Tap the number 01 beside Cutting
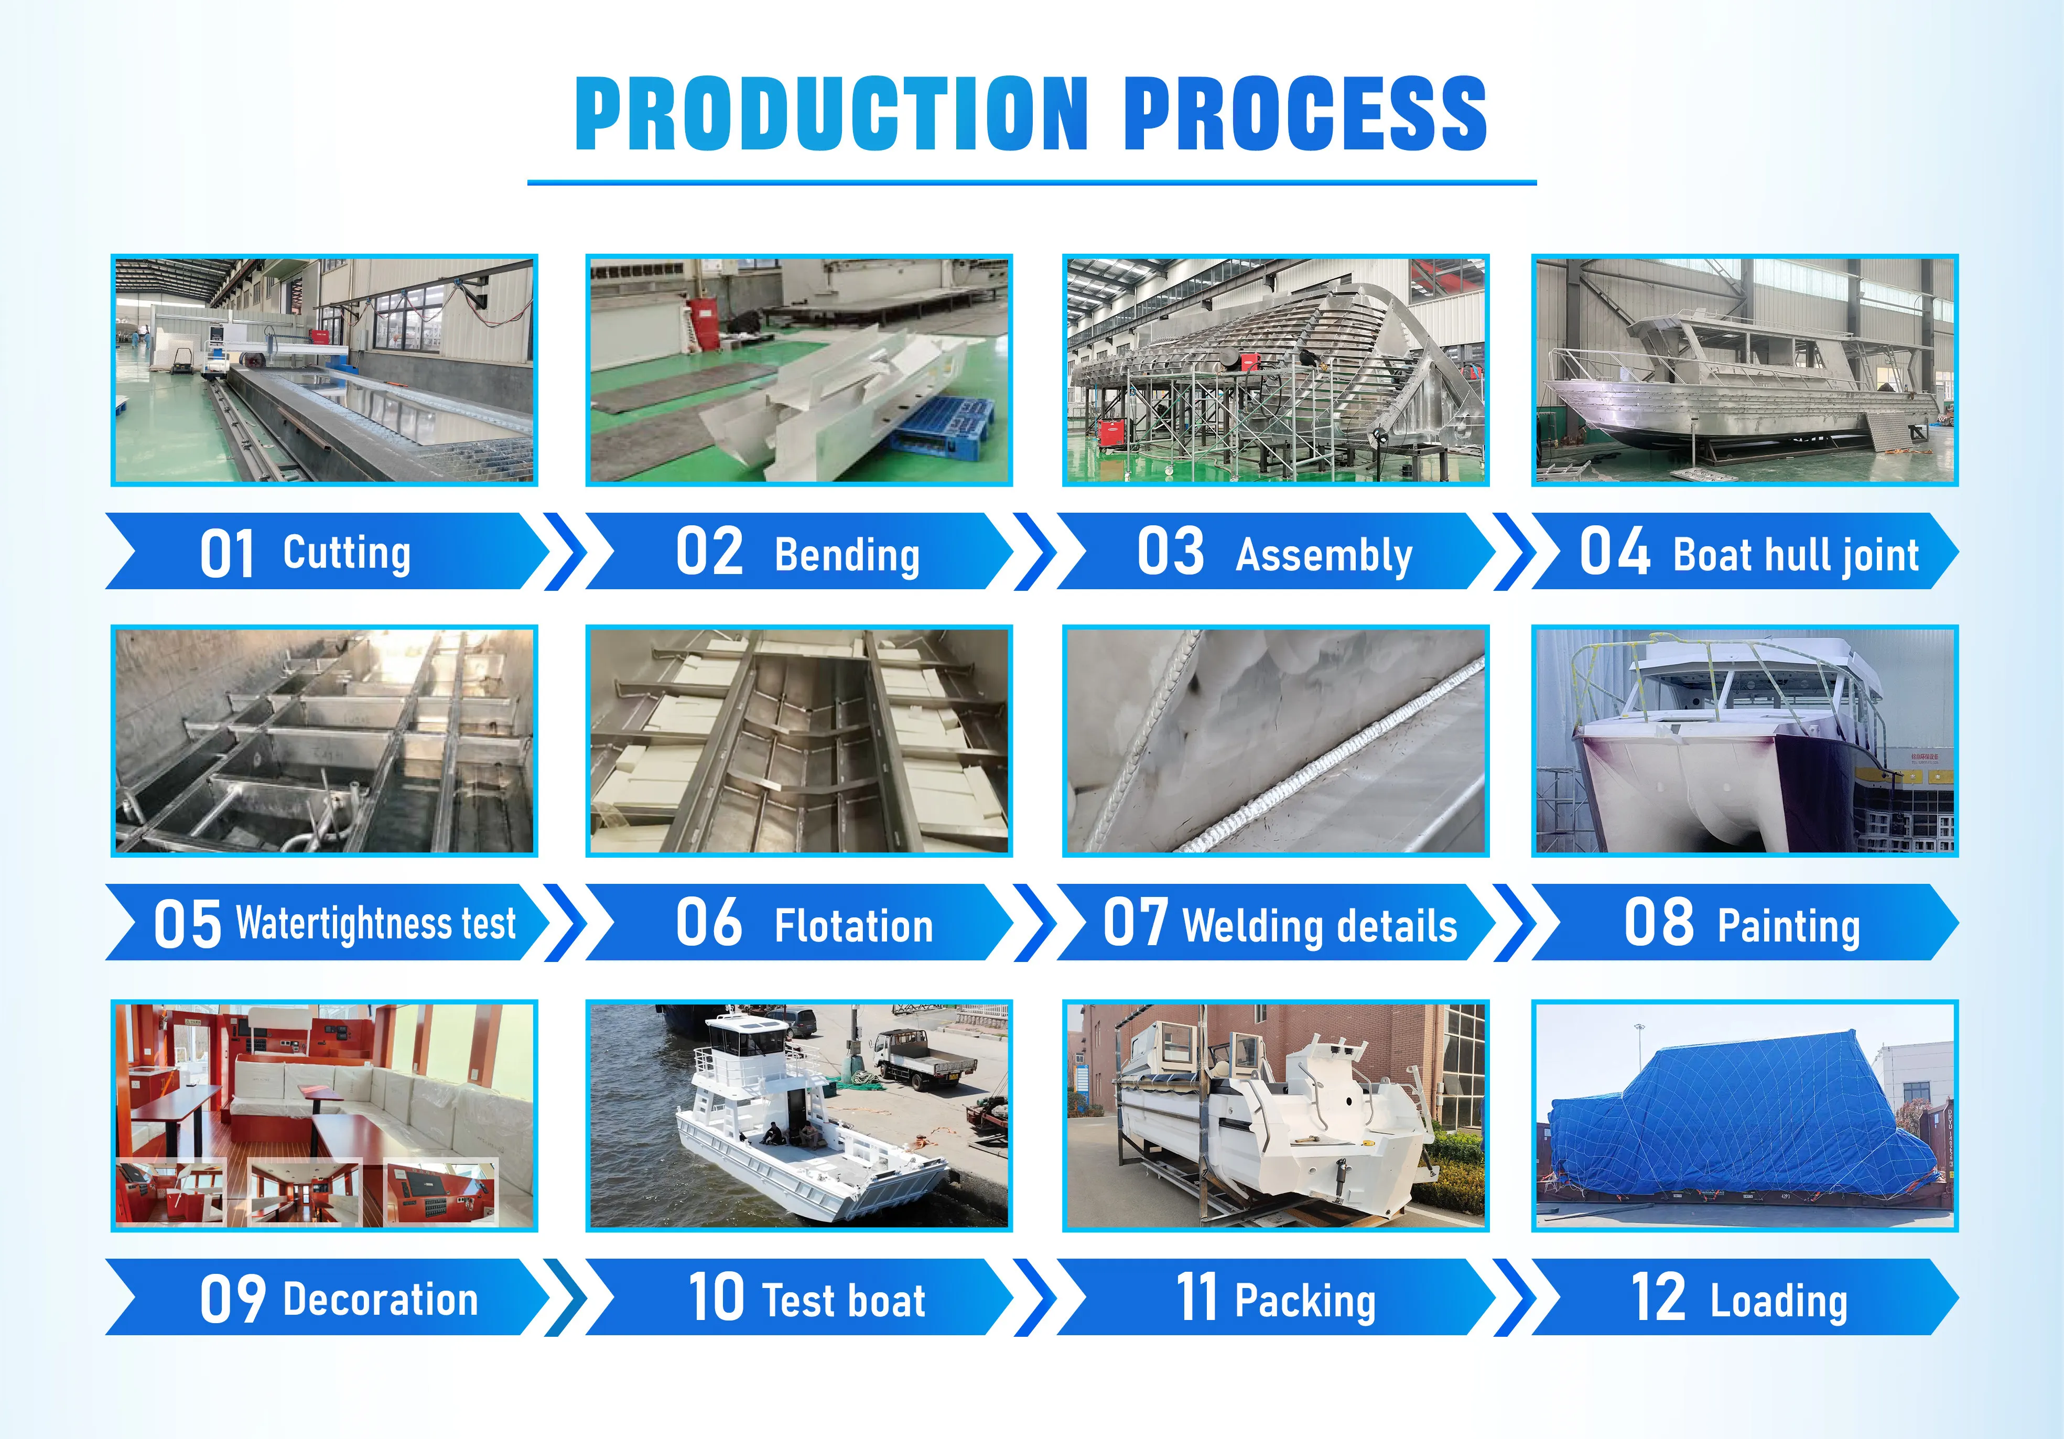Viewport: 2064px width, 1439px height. [228, 554]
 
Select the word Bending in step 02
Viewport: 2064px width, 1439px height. [847, 556]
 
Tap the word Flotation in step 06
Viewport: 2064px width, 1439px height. [854, 926]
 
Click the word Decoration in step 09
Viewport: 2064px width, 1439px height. [380, 1300]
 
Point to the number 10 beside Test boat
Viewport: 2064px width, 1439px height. [717, 1297]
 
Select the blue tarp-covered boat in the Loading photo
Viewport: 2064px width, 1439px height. [1734, 1116]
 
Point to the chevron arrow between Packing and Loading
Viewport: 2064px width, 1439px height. [1515, 1297]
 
